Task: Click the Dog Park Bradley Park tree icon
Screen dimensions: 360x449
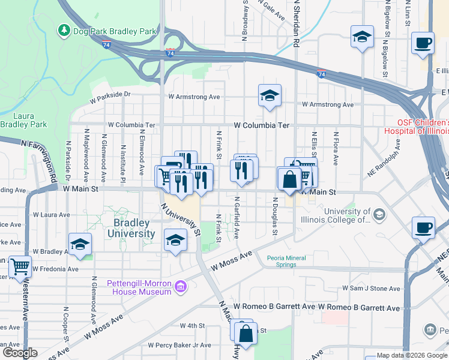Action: (x=64, y=29)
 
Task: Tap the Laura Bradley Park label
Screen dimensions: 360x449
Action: (x=23, y=120)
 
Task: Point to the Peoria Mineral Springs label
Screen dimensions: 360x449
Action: (x=286, y=262)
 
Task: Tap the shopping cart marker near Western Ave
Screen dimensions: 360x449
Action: (x=20, y=266)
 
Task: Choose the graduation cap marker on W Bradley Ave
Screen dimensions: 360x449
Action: (x=80, y=244)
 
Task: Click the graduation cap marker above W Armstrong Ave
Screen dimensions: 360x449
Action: (x=270, y=95)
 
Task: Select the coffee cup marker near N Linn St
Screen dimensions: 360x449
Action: (x=423, y=43)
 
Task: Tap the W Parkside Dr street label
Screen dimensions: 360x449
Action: (x=110, y=94)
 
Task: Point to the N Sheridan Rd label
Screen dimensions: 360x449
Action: (x=296, y=24)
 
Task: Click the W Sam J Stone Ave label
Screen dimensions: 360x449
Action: (x=371, y=289)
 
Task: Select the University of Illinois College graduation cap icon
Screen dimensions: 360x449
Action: (x=379, y=215)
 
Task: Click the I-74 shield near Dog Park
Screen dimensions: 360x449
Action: (x=106, y=44)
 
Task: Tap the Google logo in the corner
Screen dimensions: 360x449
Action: (x=20, y=353)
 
